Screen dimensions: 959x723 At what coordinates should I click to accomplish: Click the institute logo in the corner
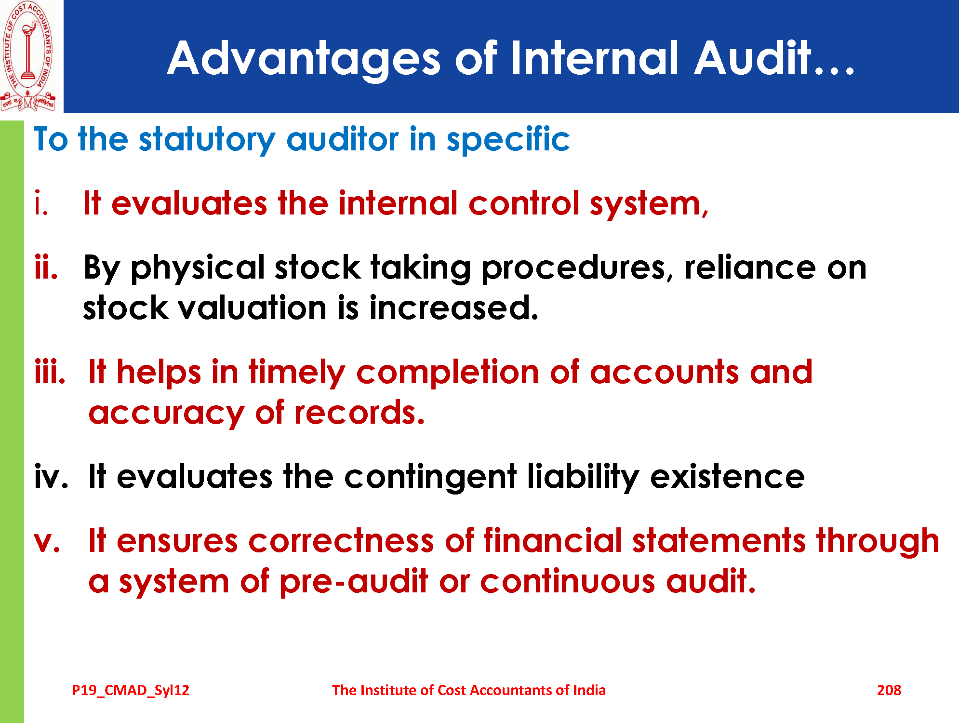pos(28,55)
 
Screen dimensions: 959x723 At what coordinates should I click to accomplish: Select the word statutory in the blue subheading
pos(207,140)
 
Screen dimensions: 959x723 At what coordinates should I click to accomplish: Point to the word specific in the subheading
pos(508,140)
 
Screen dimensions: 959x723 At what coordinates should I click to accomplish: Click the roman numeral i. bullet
pos(41,203)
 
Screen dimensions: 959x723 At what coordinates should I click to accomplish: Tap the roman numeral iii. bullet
pos(50,372)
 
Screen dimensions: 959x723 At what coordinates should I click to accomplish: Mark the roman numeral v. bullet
pos(47,542)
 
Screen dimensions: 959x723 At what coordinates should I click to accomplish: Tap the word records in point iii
pos(360,413)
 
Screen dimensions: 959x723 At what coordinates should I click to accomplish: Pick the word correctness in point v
pos(342,541)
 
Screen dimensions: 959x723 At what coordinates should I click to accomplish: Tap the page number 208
pos(889,690)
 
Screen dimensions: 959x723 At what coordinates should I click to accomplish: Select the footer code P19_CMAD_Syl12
pos(131,691)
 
